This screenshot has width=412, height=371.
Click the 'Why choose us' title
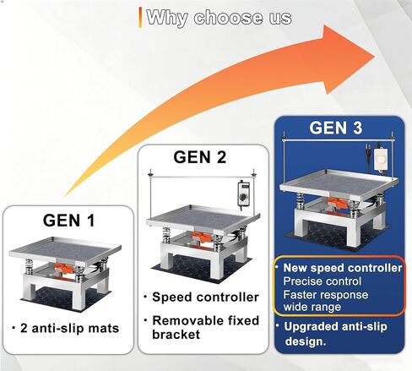coord(219,18)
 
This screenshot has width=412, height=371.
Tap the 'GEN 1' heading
coord(68,221)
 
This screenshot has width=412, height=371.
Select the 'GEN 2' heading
coord(200,157)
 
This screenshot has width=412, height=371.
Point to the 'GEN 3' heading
coord(336,128)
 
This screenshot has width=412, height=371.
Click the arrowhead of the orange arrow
coord(349,59)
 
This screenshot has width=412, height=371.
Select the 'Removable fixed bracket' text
coord(205,327)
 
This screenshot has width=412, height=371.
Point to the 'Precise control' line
coord(323,281)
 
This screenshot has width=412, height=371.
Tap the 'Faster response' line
coord(326,295)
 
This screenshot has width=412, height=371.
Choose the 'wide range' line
coord(312,307)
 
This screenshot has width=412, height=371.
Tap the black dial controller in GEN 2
coord(243,194)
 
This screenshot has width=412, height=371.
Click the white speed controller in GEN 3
coord(381,159)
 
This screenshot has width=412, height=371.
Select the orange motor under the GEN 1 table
coord(63,267)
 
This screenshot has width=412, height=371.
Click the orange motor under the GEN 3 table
coord(338,203)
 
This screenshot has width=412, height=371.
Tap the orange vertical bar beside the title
coord(140,18)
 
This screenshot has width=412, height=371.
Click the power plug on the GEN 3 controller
coord(367,149)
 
